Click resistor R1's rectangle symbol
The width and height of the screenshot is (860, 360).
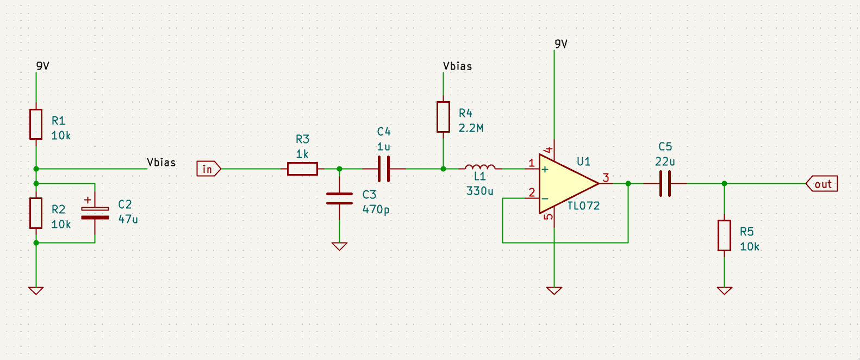[36, 124]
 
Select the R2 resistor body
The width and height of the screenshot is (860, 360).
[36, 213]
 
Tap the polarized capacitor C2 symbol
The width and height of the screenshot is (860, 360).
[95, 213]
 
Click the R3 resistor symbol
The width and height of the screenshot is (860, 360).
[303, 169]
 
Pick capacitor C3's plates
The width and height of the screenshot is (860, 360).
[339, 198]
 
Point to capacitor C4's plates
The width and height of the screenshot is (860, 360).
[384, 169]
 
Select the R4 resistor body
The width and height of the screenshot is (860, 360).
[443, 117]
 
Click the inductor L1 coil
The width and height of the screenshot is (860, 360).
[480, 167]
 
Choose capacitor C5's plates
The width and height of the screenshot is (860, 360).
[665, 184]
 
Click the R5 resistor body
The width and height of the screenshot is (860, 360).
[724, 235]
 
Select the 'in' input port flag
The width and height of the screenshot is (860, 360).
[208, 169]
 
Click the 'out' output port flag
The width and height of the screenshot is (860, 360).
[821, 184]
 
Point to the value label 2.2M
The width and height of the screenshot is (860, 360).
[471, 128]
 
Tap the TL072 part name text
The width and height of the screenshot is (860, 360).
[584, 206]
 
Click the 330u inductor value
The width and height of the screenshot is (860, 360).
[479, 191]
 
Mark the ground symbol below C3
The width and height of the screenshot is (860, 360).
[339, 246]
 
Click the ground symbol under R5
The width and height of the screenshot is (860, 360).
[724, 290]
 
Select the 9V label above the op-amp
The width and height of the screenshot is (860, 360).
[561, 44]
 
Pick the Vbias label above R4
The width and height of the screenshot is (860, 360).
[457, 66]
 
